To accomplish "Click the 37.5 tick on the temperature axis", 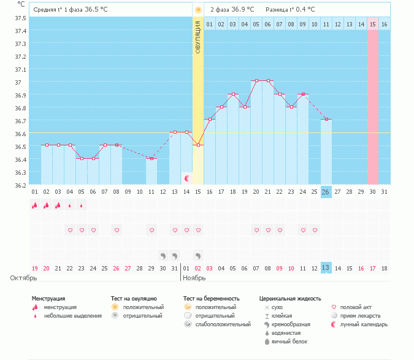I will tap(20, 18).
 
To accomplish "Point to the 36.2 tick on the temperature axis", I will tap(20, 185).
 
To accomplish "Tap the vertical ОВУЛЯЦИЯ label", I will tap(197, 36).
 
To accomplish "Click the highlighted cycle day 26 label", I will tap(326, 192).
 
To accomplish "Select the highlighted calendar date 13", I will tap(326, 268).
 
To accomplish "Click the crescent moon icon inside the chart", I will tap(187, 178).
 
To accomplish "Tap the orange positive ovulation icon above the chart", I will tap(197, 10).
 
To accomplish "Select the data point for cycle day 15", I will tap(197, 145).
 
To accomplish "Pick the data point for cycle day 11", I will tap(151, 158).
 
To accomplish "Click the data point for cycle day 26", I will tap(326, 119).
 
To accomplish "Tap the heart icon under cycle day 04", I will tap(70, 231).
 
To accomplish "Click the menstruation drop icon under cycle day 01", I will tap(35, 205).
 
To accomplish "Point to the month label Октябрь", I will tap(24, 278).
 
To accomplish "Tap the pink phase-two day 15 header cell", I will tap(372, 24).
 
